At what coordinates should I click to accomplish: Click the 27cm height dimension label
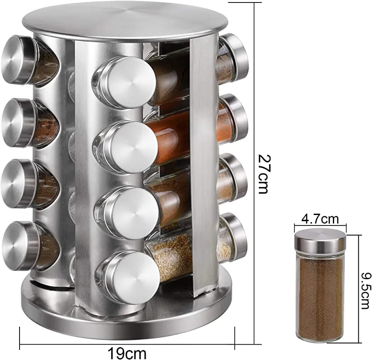click(x=263, y=174)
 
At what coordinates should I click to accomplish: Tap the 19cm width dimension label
click(x=127, y=353)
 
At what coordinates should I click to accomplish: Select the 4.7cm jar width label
click(x=320, y=219)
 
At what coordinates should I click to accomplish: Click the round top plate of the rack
click(x=125, y=20)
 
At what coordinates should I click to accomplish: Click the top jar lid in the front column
click(x=129, y=82)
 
